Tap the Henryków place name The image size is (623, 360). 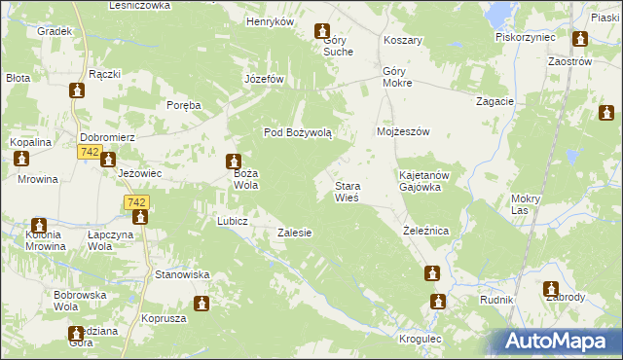point(270,21)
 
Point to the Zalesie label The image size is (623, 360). point(294,234)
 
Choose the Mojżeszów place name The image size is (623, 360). point(403,131)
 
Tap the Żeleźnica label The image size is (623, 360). point(425,232)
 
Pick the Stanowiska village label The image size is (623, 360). point(182,275)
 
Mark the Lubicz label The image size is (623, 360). point(233,221)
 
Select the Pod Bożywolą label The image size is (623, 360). point(299,132)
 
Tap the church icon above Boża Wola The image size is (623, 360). point(234,162)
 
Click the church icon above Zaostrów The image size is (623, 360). point(580,40)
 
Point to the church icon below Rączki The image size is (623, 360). point(78,90)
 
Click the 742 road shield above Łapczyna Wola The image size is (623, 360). point(136,201)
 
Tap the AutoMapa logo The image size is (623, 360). point(560,341)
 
